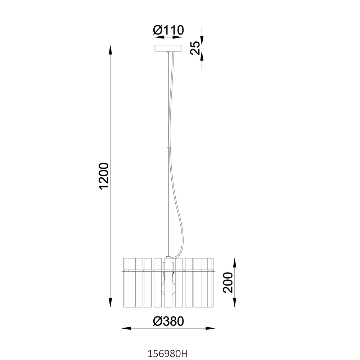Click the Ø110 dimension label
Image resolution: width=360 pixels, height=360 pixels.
(x=168, y=30)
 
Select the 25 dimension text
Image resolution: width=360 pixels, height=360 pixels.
(x=195, y=48)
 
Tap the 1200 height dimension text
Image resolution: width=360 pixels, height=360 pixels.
(x=103, y=176)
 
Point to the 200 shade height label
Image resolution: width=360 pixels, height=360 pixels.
(x=228, y=282)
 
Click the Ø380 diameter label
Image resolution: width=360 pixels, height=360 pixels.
(x=168, y=321)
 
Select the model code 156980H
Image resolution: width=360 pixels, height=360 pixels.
(x=167, y=354)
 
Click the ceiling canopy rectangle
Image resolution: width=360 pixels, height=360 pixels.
(x=168, y=48)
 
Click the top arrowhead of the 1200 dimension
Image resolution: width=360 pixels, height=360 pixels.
(x=110, y=50)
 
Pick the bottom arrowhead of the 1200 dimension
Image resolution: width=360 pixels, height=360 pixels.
(x=110, y=303)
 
